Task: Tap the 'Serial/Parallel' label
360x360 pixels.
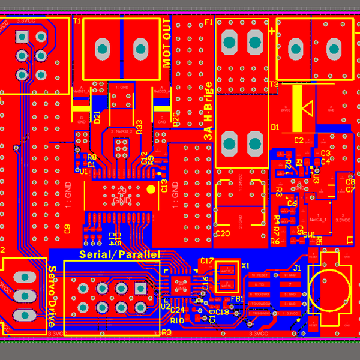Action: click(x=120, y=254)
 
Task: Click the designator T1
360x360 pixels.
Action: click(x=77, y=21)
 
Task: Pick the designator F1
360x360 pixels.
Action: click(x=209, y=22)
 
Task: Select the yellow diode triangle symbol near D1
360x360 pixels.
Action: click(x=307, y=109)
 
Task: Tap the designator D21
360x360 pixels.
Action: click(x=97, y=117)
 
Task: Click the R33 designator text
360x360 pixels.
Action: click(x=139, y=127)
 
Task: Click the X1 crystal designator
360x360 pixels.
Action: click(x=244, y=265)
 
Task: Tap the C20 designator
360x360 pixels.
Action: click(x=222, y=233)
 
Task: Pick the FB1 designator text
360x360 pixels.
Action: click(x=236, y=298)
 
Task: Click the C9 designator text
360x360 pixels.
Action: click(x=67, y=229)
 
